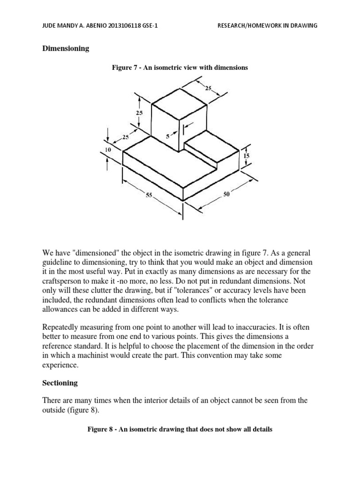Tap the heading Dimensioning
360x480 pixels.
[x=66, y=48]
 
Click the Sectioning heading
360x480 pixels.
[x=60, y=383]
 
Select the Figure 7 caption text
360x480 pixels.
[x=179, y=67]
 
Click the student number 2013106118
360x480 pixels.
[x=121, y=26]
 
